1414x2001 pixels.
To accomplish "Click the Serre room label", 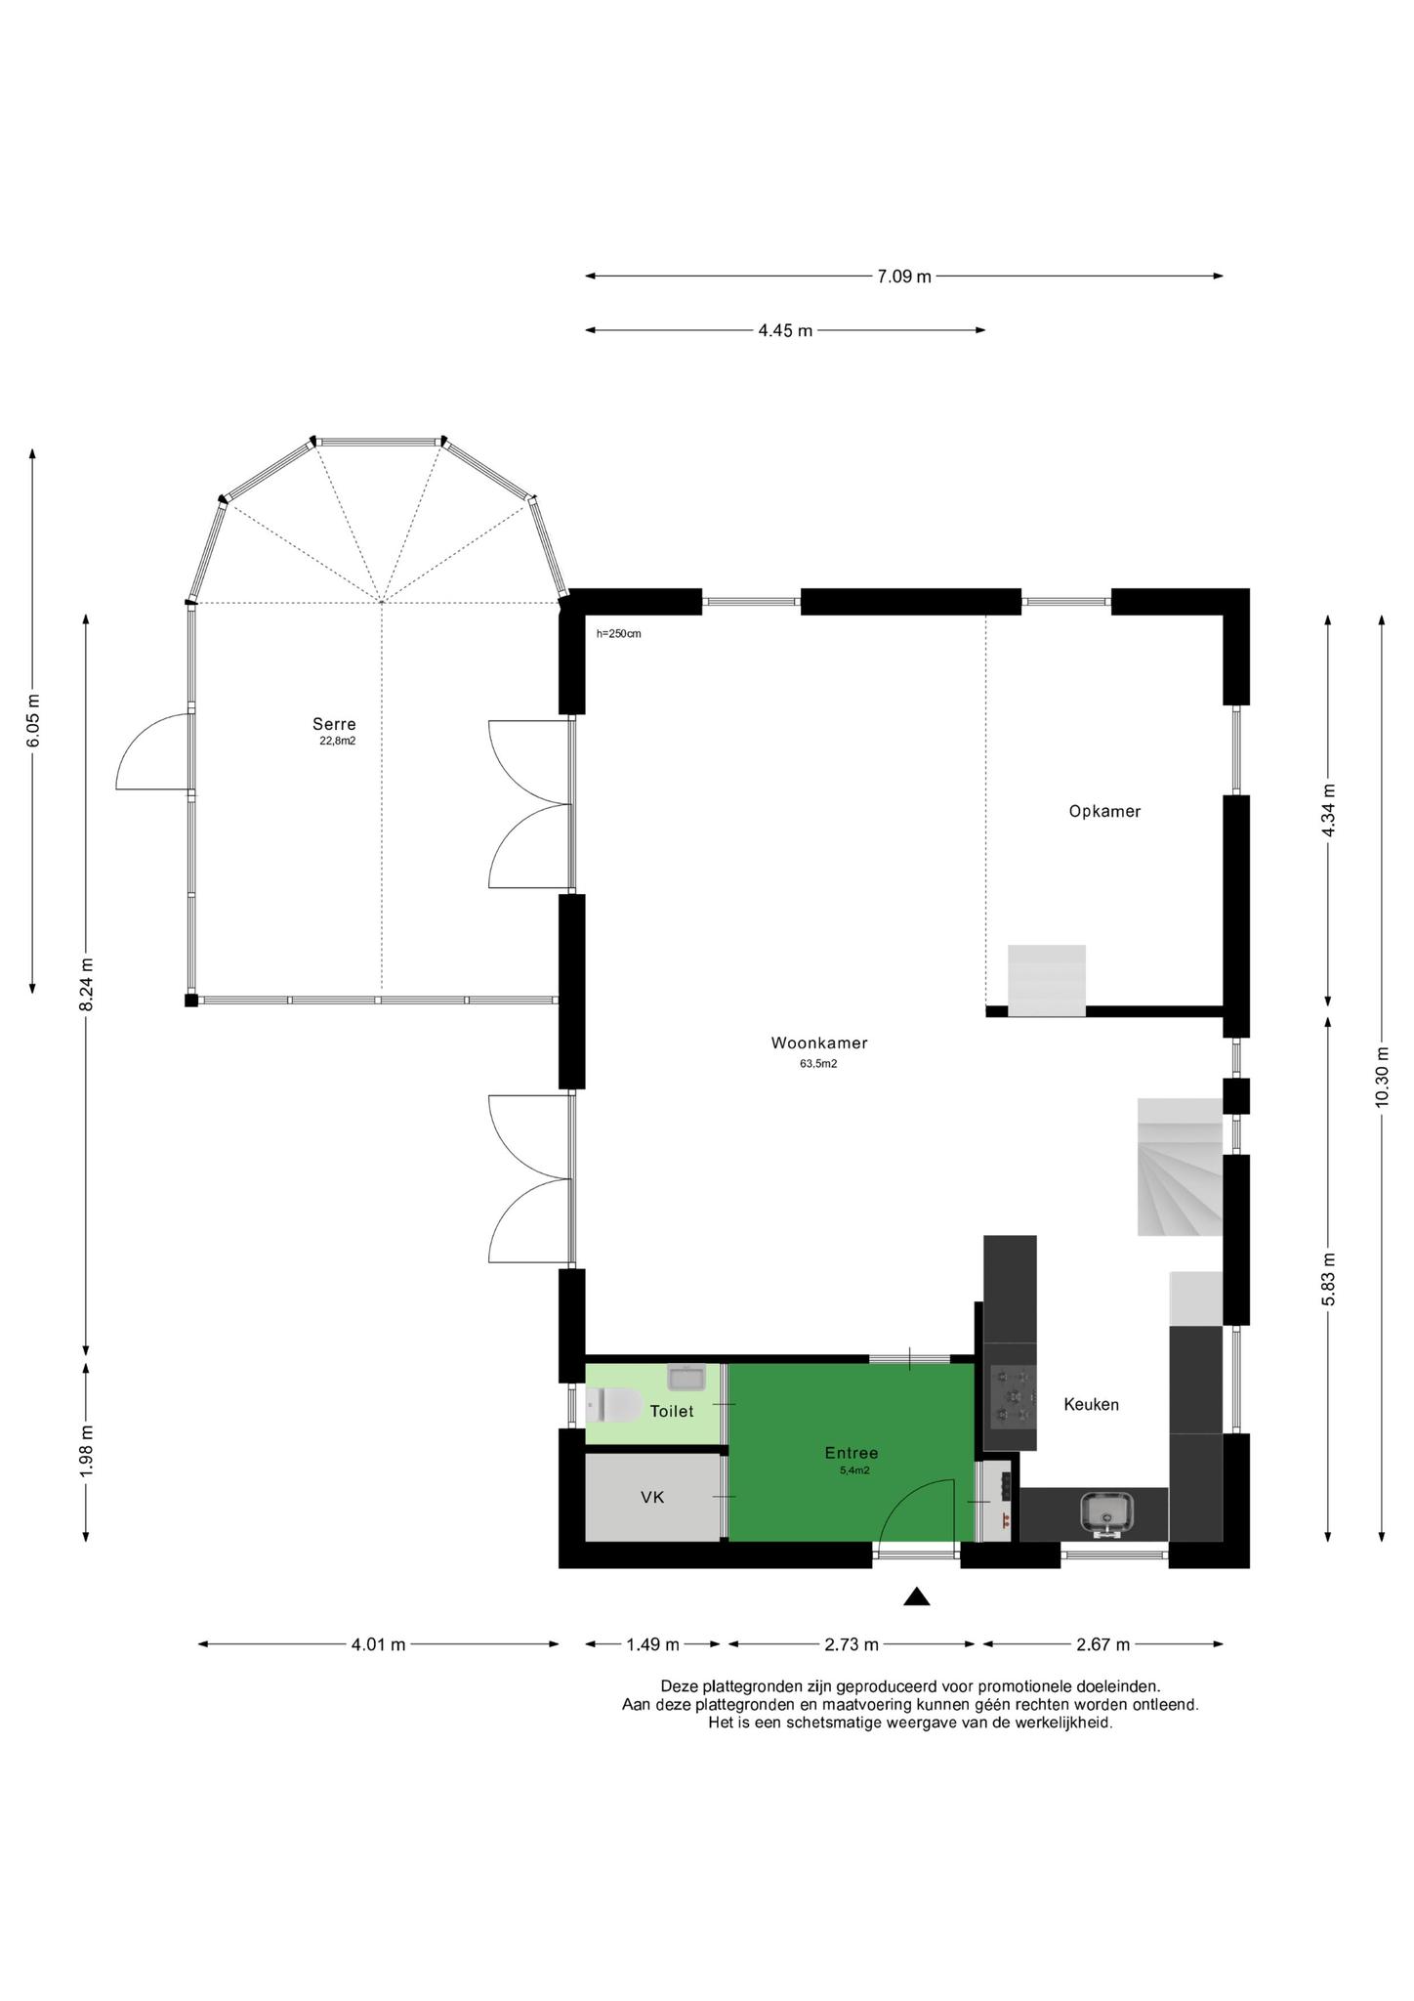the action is point(334,724).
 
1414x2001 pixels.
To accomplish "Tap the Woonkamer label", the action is point(819,1043).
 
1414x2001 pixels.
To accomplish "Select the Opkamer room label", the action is point(1104,811).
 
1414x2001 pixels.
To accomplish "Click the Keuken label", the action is point(1091,1404).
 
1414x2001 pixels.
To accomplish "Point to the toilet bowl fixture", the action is point(613,1406).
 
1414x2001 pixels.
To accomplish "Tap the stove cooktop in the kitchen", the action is point(1011,1395).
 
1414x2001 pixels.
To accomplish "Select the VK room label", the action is point(652,1496).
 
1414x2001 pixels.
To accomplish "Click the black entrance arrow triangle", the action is point(916,1596).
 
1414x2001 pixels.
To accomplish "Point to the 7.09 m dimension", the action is point(904,277).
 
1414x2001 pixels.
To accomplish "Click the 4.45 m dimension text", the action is point(785,330).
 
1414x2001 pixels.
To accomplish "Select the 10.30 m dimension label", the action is point(1381,1078).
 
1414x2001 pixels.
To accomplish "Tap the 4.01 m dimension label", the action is point(378,1644).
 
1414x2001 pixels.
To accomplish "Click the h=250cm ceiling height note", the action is point(619,633).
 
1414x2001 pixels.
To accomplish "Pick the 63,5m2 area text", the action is point(818,1064).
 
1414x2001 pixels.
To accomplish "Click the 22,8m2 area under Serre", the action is point(338,741).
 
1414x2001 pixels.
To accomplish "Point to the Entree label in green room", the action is point(852,1453).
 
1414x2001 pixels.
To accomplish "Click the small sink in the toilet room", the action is point(686,1377).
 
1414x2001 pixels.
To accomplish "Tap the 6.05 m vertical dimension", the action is point(33,720).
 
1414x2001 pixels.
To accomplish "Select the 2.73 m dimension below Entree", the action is point(852,1644).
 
